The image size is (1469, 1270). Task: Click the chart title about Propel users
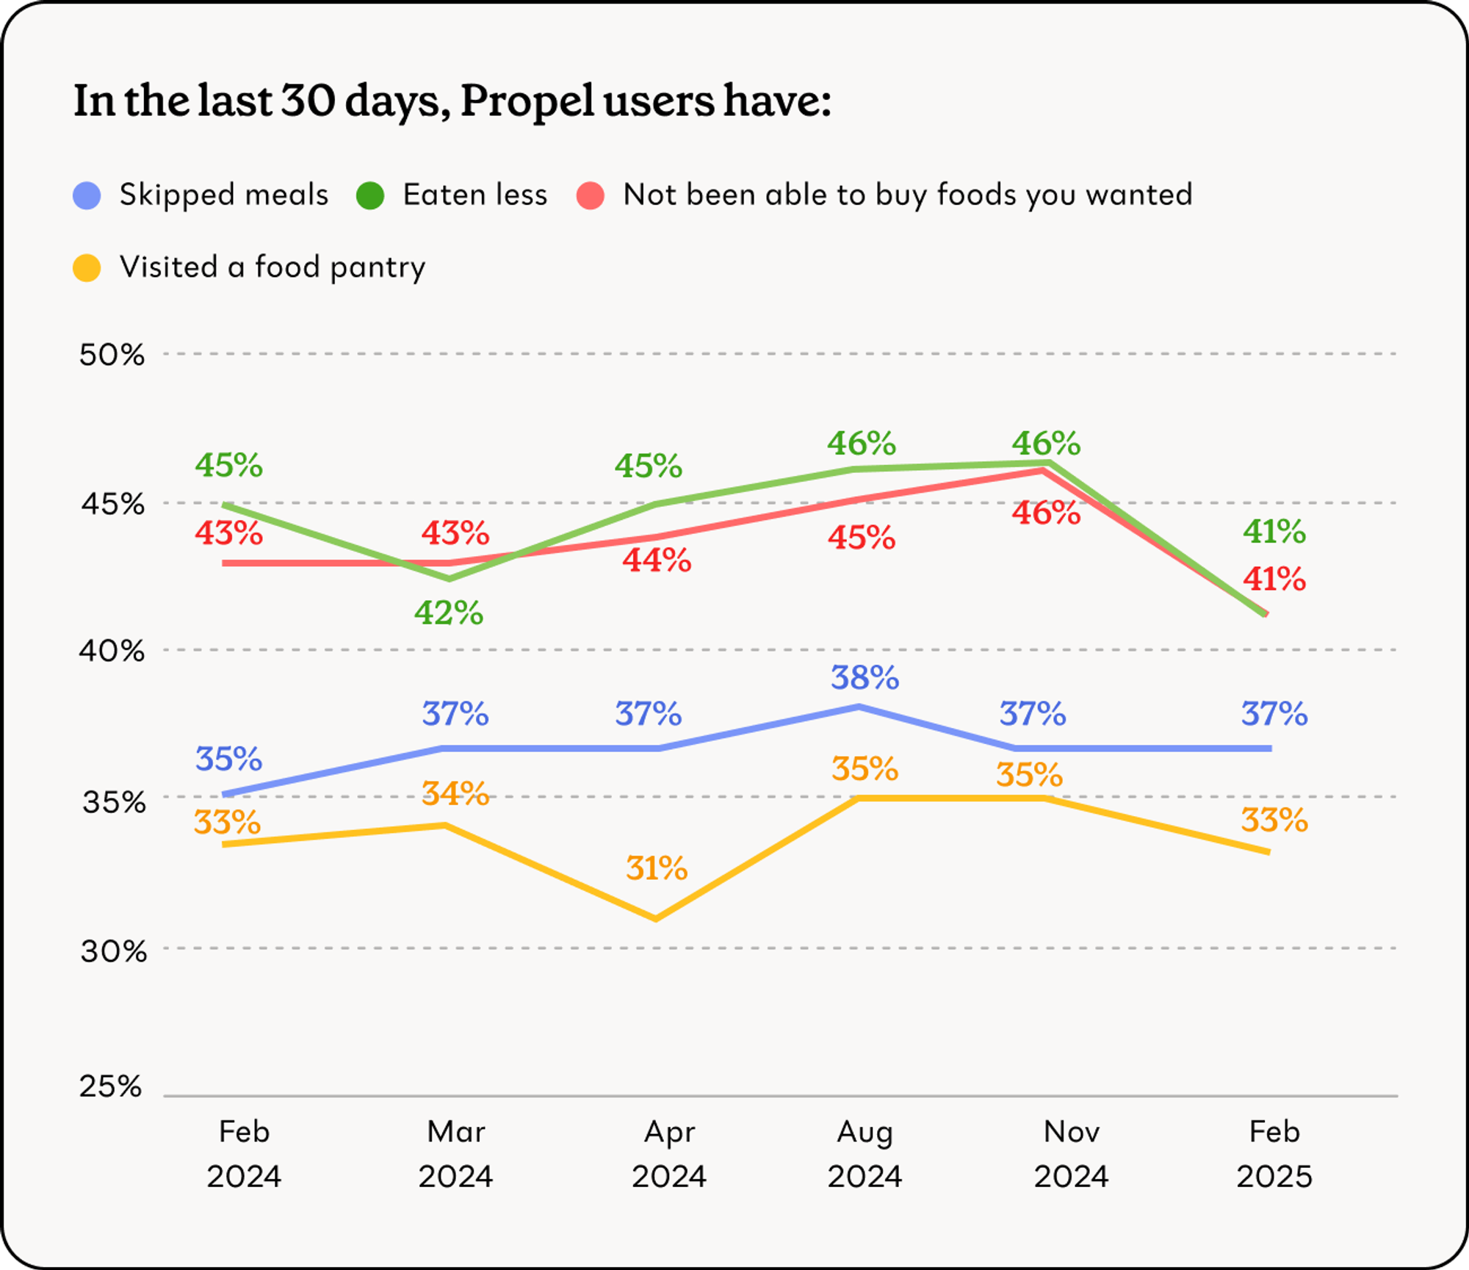452,101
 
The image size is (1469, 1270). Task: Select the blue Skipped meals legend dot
87,195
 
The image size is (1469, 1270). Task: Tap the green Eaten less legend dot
370,195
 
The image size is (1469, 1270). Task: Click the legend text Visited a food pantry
272,267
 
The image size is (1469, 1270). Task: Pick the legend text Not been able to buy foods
908,195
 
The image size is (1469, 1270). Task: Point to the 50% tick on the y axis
112,355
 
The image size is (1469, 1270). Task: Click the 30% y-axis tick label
113,951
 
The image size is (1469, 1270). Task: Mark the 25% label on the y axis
111,1086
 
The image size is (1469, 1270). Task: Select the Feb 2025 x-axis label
1274,1154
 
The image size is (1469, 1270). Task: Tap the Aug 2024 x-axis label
865,1154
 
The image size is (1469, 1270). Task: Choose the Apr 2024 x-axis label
668,1154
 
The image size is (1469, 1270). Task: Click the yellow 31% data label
657,868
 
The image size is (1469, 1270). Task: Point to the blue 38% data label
865,677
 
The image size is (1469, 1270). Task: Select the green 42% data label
449,613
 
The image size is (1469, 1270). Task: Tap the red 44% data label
657,560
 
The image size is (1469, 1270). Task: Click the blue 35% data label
228,759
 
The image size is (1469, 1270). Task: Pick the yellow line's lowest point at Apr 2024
655,918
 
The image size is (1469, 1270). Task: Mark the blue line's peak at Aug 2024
859,707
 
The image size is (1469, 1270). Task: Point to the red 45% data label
862,538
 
